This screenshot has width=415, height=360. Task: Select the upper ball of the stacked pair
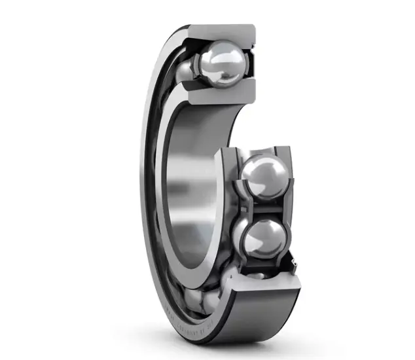[x=264, y=176]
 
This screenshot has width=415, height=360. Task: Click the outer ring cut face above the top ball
[x=223, y=31]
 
